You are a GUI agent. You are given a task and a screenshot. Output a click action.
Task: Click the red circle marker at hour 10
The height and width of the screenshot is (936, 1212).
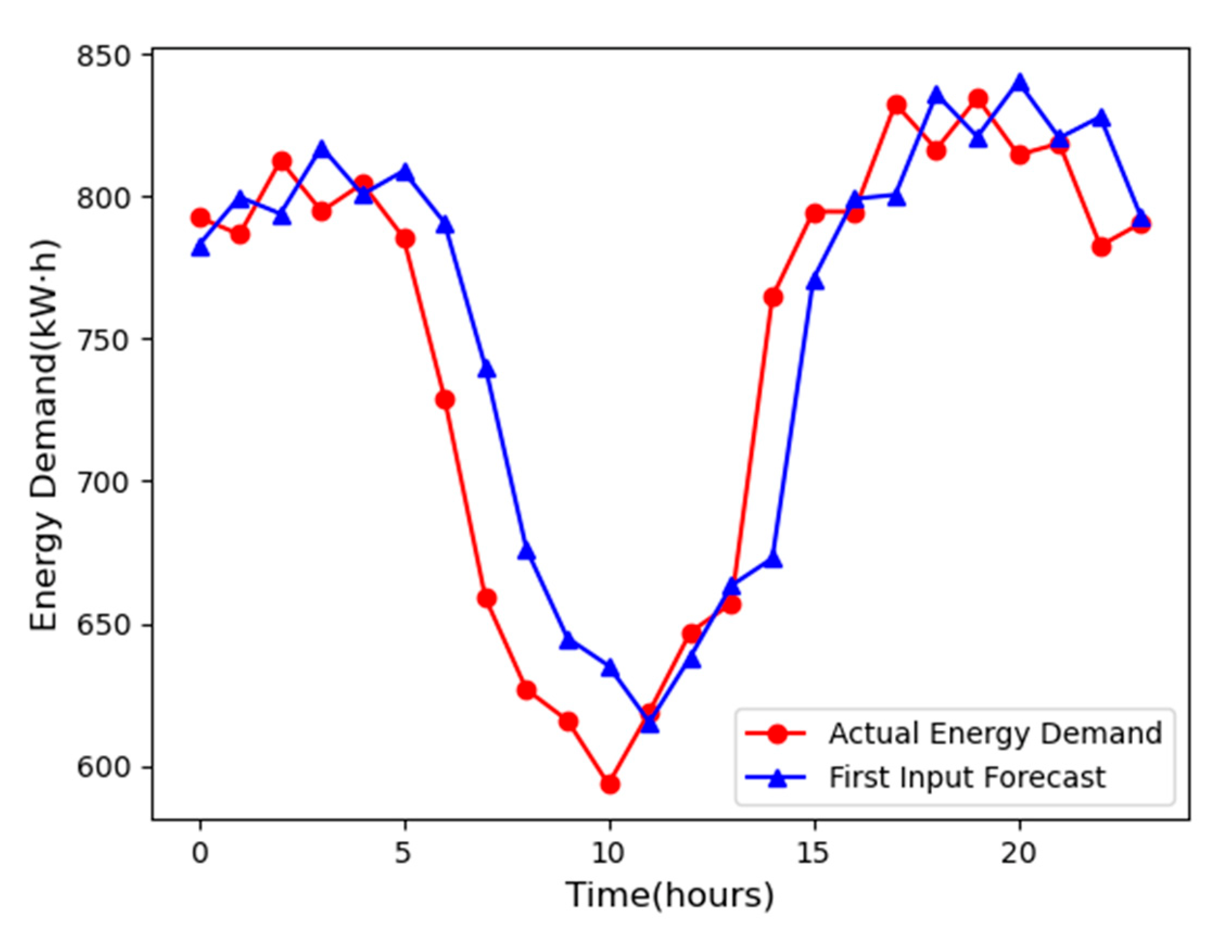tap(609, 784)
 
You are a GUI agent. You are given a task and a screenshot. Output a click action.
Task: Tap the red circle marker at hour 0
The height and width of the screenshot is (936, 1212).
tap(200, 217)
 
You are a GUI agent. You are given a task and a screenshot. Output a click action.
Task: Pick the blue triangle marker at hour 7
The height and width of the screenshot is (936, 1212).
tap(487, 369)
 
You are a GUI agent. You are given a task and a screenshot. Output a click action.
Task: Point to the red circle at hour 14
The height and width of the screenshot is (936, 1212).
tap(773, 297)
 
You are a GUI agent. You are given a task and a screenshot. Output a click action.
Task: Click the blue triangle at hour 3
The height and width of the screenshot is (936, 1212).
tap(322, 150)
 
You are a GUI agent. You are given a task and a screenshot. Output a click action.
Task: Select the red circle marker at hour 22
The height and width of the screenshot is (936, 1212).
tap(1101, 246)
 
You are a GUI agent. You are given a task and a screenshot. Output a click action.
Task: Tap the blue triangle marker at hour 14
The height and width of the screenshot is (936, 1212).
tap(773, 560)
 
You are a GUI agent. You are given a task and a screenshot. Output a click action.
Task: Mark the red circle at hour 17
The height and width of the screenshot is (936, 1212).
tap(896, 105)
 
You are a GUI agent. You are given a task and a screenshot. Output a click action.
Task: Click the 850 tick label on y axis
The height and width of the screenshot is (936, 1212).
tap(109, 55)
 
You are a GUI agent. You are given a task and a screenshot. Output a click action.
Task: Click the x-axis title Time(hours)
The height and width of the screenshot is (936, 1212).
tap(670, 895)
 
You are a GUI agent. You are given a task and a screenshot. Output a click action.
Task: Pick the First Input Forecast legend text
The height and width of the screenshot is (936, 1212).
tap(967, 777)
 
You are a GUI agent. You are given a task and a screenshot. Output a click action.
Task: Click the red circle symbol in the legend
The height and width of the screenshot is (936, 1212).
tap(778, 734)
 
